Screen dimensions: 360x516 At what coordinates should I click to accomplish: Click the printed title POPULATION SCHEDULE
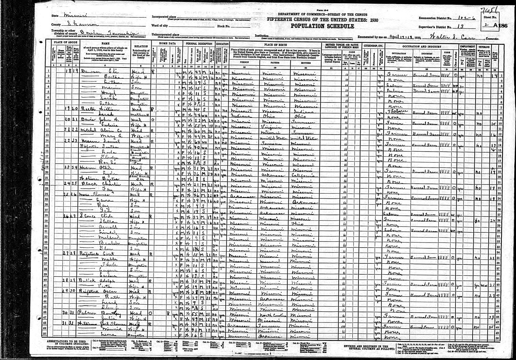(x=322, y=26)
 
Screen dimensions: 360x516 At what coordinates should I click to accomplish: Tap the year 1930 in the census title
(x=373, y=19)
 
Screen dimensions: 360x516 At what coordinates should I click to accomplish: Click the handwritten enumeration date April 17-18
(x=400, y=37)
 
